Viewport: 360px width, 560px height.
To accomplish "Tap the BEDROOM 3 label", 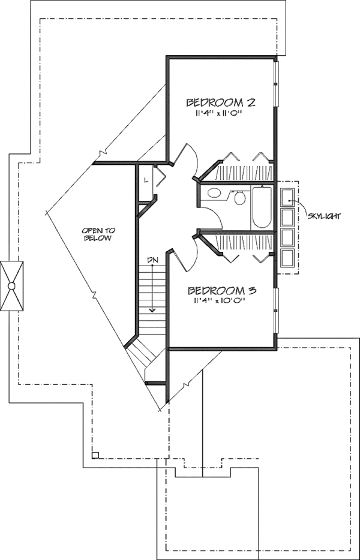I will pyautogui.click(x=222, y=291).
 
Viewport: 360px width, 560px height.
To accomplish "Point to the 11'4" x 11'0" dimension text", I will pyautogui.click(x=220, y=113).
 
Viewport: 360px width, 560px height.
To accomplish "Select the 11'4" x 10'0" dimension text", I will pyautogui.click(x=221, y=302).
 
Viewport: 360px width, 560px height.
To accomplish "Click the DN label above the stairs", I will pyautogui.click(x=152, y=258).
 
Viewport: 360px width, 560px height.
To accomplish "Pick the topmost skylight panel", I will pyautogui.click(x=287, y=195).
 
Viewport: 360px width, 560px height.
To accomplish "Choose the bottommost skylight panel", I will pyautogui.click(x=287, y=258).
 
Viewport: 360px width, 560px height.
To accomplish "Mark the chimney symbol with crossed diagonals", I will pyautogui.click(x=11, y=286).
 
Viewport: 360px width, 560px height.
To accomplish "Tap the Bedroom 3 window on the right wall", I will pyautogui.click(x=276, y=309).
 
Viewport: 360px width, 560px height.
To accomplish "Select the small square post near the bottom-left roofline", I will pyautogui.click(x=94, y=455).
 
